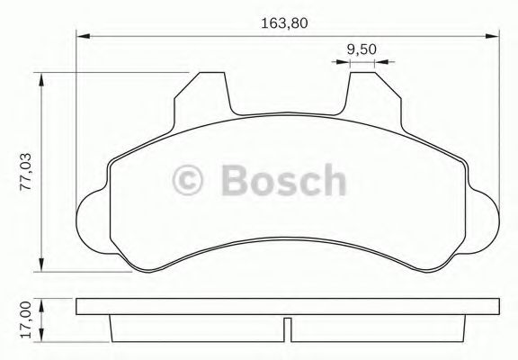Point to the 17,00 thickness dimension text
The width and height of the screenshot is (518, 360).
(x=25, y=318)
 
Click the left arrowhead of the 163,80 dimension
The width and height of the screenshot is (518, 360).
(x=83, y=37)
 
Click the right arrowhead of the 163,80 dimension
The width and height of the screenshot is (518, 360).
(x=494, y=37)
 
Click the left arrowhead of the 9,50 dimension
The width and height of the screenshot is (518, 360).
(x=342, y=62)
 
